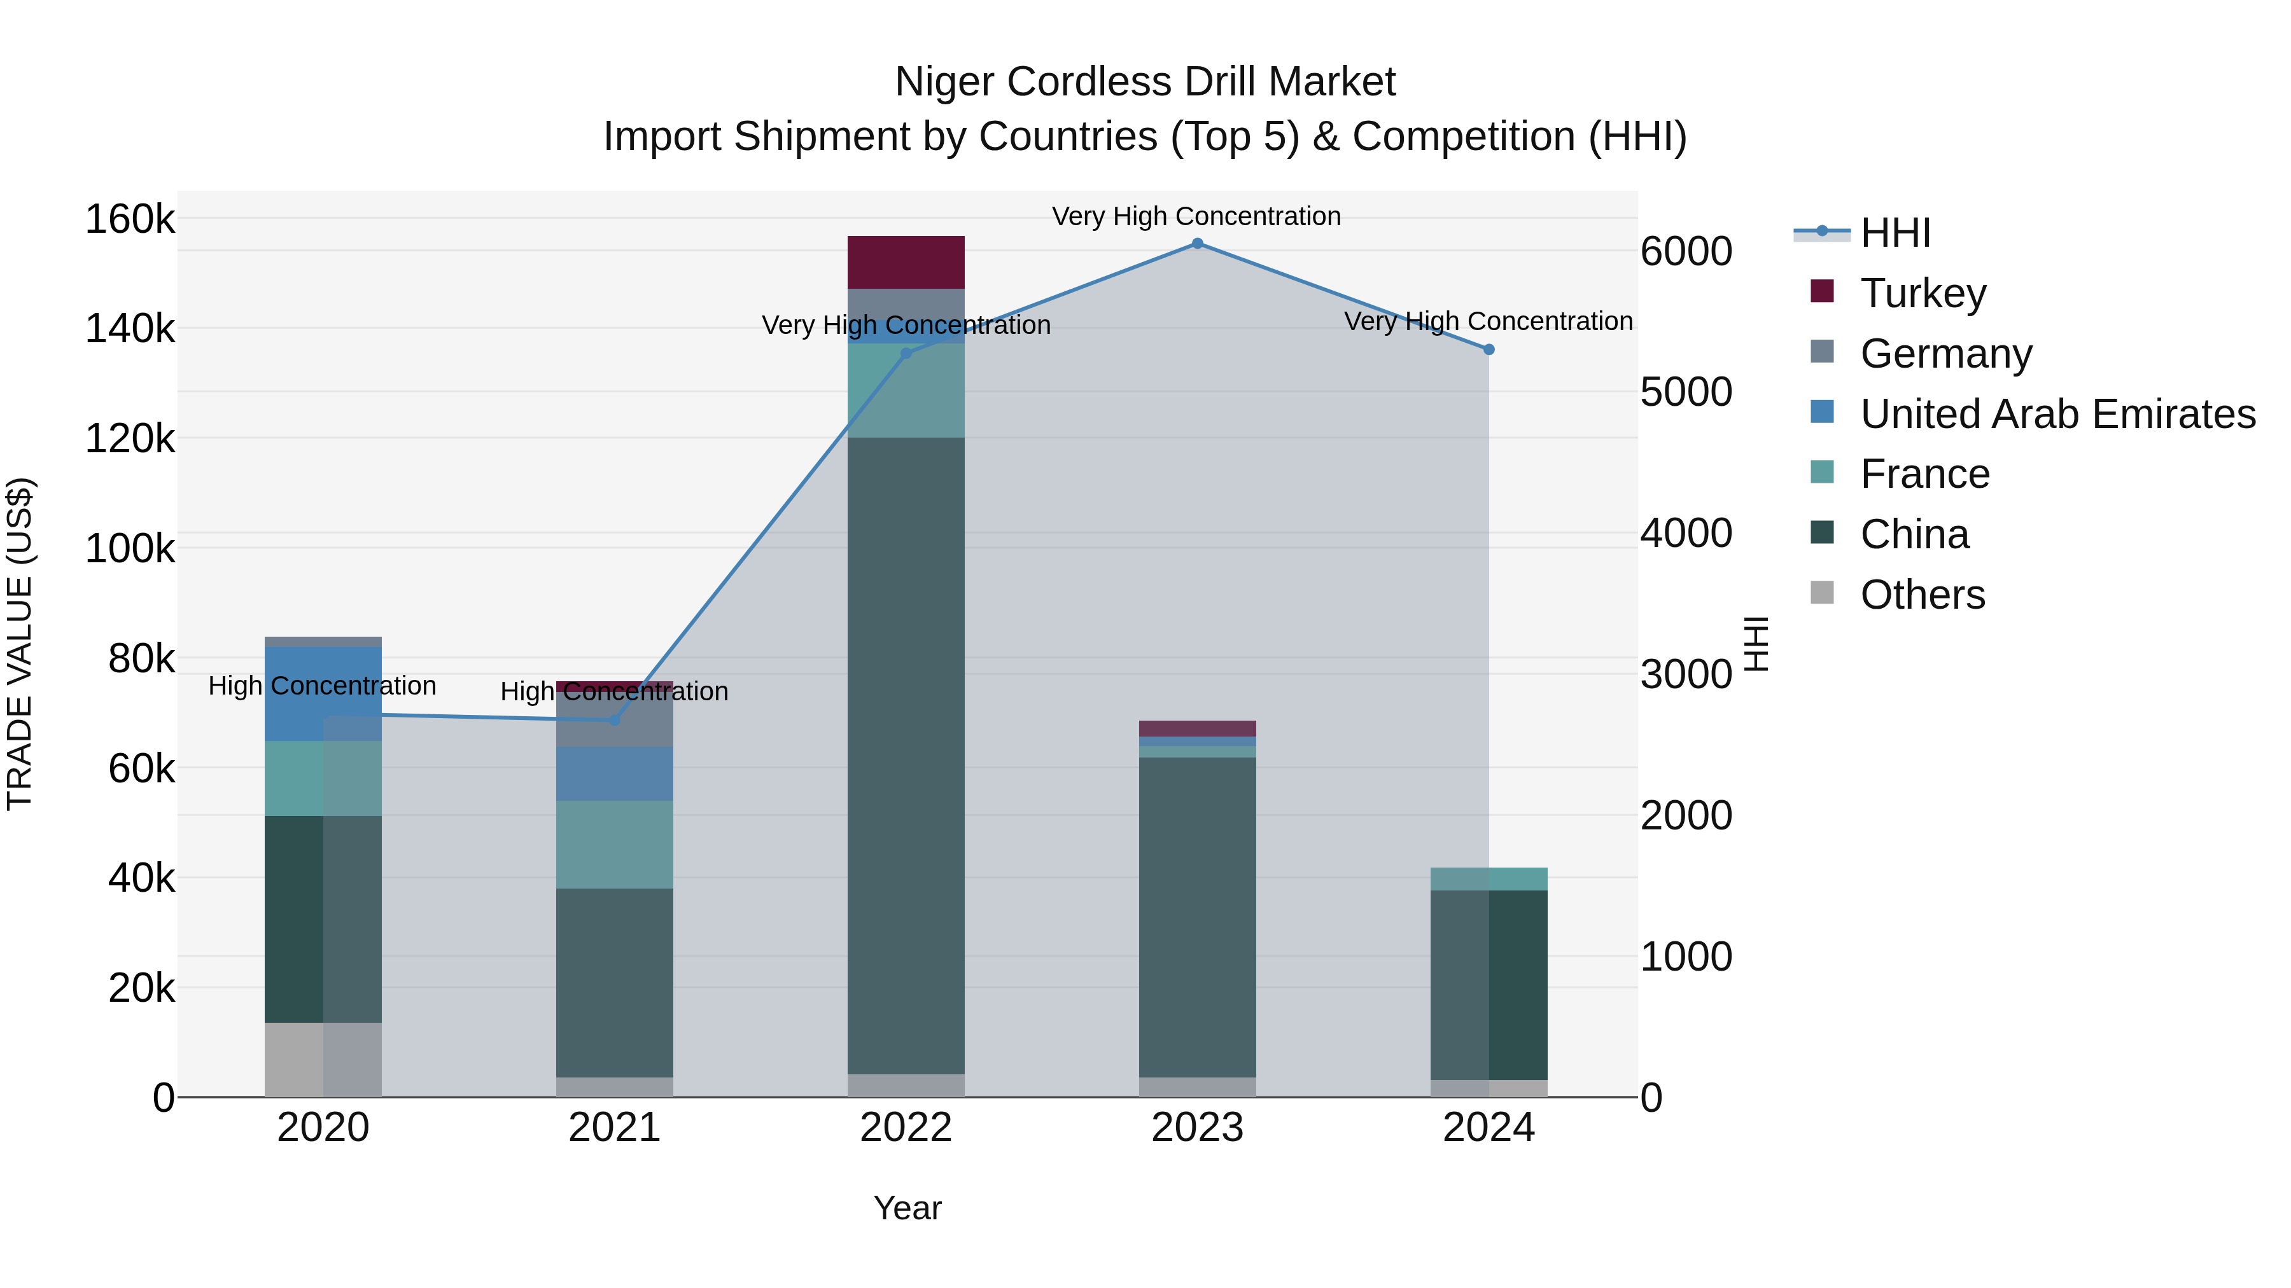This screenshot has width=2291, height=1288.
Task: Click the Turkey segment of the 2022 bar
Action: click(906, 261)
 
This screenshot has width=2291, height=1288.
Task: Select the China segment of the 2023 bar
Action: click(1197, 915)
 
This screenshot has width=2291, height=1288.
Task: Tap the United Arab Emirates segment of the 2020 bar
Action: click(323, 694)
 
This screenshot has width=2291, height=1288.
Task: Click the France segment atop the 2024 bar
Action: click(1489, 878)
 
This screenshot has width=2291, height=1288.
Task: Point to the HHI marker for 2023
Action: click(1197, 244)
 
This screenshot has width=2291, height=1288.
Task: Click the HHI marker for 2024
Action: click(1489, 349)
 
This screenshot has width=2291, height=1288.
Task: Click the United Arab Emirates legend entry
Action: click(2057, 414)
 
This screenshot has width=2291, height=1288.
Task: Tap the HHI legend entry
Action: click(1895, 233)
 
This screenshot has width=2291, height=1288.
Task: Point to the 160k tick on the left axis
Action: click(130, 219)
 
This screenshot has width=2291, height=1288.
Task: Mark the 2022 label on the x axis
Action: click(906, 1128)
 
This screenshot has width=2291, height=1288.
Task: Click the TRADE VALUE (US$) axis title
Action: click(20, 644)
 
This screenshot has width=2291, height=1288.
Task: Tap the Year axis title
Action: click(907, 1208)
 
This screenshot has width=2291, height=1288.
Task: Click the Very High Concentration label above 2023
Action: click(1196, 216)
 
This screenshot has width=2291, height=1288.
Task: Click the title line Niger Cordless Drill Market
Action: click(1145, 82)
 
